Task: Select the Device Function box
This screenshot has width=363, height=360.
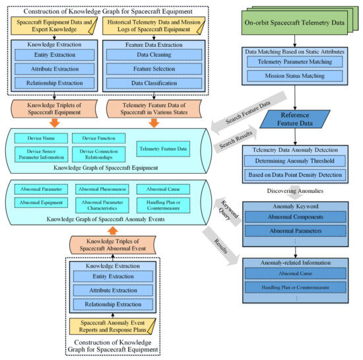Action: [97, 137]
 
